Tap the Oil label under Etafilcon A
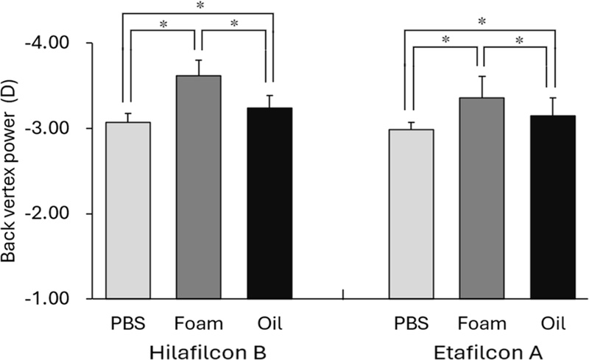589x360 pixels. click(x=553, y=323)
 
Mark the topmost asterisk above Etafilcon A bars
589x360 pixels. click(x=482, y=22)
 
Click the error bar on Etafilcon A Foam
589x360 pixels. click(x=482, y=87)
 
